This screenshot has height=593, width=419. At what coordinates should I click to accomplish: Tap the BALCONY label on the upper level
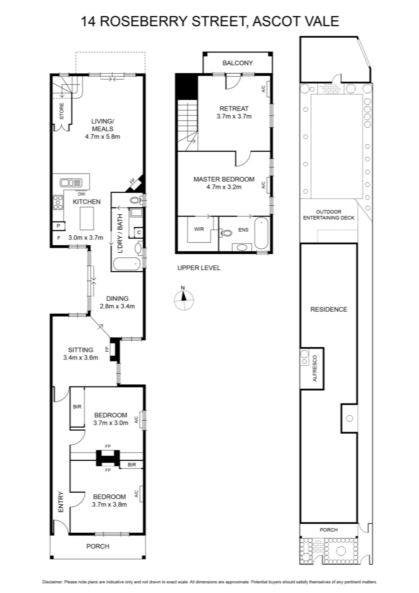click(237, 63)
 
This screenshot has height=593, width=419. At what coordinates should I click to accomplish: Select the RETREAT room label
click(234, 109)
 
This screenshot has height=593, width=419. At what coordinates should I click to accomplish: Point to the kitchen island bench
click(87, 218)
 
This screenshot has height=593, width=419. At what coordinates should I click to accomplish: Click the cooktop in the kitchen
click(58, 202)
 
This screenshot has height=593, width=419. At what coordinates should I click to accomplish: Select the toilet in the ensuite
click(226, 233)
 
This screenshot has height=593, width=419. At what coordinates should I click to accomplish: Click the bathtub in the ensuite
click(261, 233)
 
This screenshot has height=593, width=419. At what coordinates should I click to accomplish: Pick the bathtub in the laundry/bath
click(127, 264)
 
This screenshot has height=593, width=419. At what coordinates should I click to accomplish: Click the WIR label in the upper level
click(199, 229)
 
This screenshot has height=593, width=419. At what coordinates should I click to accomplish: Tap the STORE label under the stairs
click(61, 111)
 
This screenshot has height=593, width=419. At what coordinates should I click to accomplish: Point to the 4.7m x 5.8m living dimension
click(103, 137)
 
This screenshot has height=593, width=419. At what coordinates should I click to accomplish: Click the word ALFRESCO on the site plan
click(315, 368)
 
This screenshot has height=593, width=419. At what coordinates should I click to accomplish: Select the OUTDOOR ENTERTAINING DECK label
click(329, 215)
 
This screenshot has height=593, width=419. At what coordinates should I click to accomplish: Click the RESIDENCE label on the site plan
click(329, 309)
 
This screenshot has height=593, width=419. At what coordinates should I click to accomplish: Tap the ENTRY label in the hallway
click(61, 502)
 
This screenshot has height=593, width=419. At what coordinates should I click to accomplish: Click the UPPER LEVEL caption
click(199, 268)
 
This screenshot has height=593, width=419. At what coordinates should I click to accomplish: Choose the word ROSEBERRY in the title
click(144, 21)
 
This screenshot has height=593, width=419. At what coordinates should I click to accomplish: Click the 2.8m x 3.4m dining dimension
click(117, 307)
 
